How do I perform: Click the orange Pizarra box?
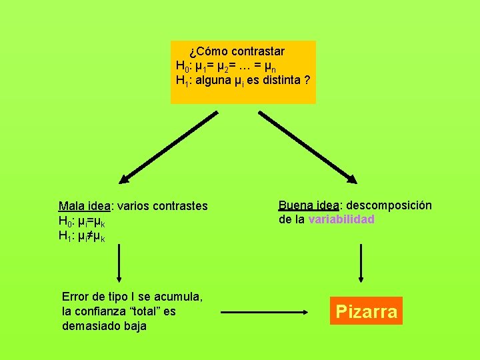click(x=367, y=311)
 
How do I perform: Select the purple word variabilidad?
click(x=341, y=219)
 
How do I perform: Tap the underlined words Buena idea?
click(x=309, y=205)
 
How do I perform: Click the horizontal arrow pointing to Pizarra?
click(x=265, y=311)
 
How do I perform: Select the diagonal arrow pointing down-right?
click(x=308, y=147)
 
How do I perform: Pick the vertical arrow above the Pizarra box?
click(x=361, y=263)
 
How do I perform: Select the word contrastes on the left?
click(x=179, y=207)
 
